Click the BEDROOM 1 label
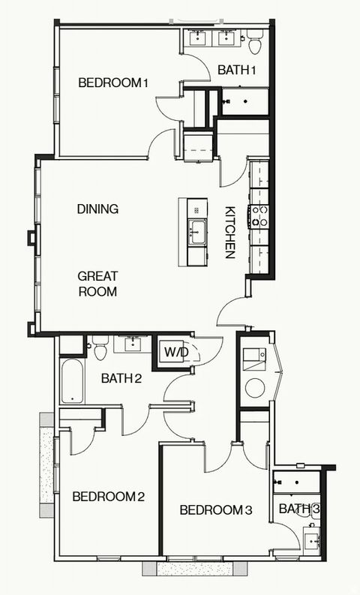112,83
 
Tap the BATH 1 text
237,70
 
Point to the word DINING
97,209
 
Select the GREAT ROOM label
97,284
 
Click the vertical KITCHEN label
231,233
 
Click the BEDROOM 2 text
108,496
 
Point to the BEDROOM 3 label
216,510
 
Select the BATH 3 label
299,509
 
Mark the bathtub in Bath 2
72,381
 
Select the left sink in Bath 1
200,38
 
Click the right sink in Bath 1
225,38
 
